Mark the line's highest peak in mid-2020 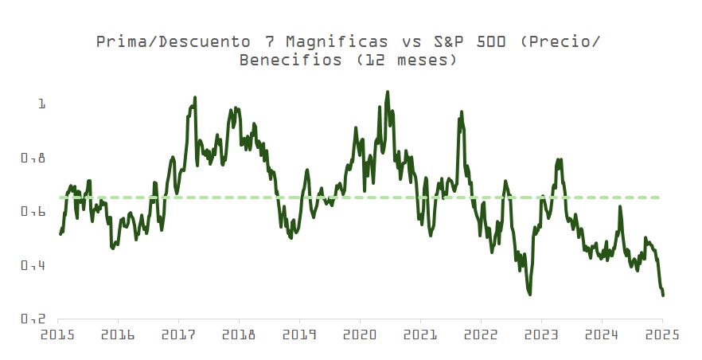pyautogui.click(x=388, y=92)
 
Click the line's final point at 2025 pyautogui.click(x=663, y=295)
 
